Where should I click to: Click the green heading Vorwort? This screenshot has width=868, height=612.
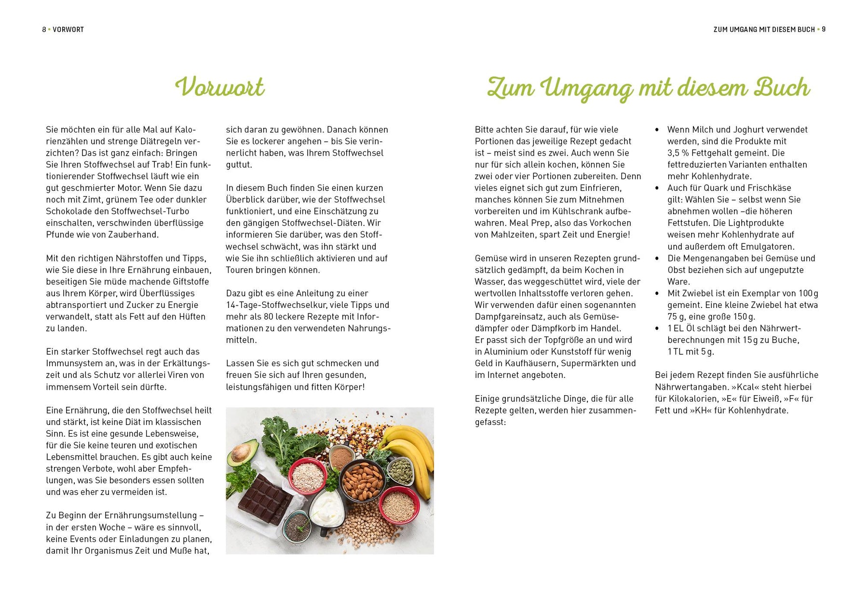[220, 87]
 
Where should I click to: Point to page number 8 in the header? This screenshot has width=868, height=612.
[44, 29]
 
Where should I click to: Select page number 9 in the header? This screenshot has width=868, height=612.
[824, 29]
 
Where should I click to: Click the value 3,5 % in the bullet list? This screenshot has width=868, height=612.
[678, 153]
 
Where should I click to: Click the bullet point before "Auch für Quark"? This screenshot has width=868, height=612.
[657, 188]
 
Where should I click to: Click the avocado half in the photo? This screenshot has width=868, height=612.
[242, 454]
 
